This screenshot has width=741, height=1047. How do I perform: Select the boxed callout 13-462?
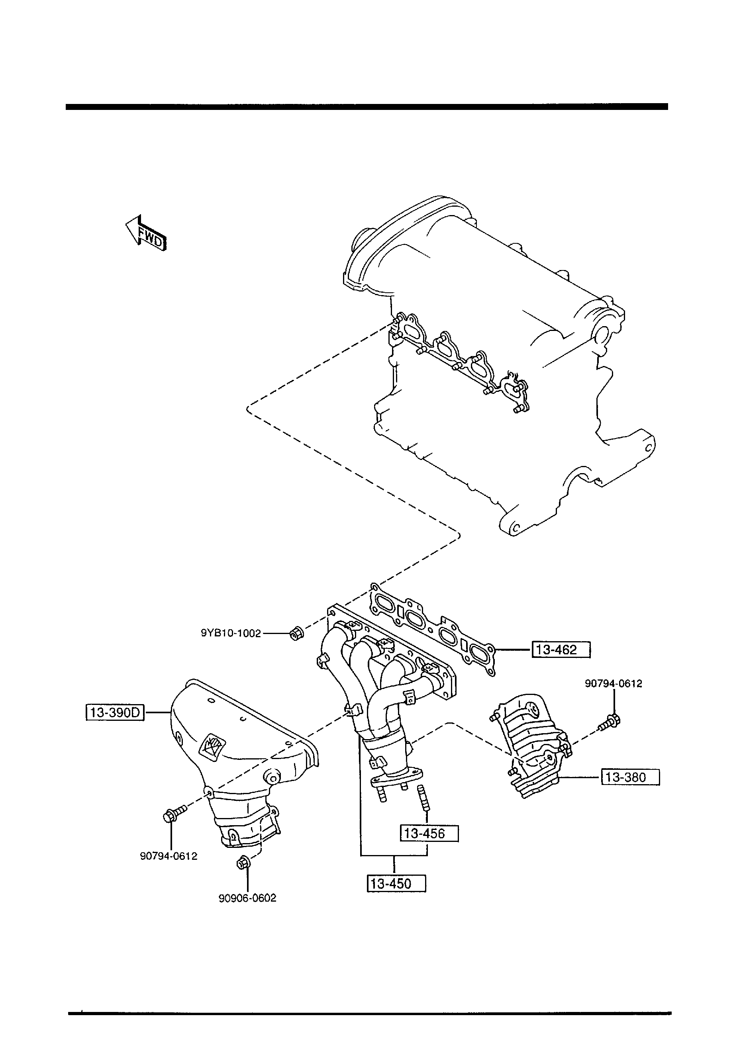tap(561, 650)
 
